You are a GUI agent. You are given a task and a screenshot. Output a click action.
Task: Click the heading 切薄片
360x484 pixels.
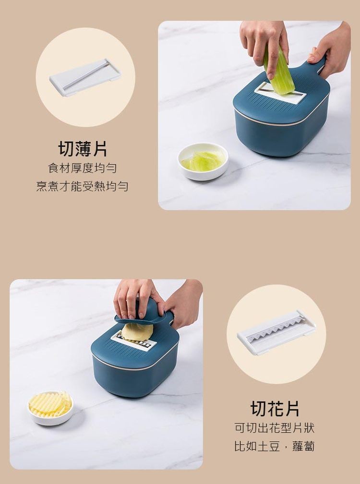click(83, 149)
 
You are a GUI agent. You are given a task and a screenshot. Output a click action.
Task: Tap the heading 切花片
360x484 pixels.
click(275, 409)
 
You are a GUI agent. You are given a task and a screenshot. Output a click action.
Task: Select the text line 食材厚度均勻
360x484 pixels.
click(83, 168)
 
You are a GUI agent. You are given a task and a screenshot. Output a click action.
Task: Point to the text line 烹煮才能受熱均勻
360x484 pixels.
click(82, 186)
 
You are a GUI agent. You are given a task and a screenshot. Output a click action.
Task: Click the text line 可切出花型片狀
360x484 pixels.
click(275, 428)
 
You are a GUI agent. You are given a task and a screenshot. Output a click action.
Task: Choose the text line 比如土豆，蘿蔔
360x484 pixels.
click(275, 446)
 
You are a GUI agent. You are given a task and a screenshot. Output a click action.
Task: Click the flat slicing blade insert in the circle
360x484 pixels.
click(85, 78)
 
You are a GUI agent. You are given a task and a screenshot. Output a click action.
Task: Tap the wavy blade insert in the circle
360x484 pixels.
click(276, 332)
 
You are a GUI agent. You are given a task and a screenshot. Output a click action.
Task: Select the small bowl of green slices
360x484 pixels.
click(203, 161)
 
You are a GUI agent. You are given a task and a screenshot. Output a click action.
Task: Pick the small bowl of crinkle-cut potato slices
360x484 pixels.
click(50, 408)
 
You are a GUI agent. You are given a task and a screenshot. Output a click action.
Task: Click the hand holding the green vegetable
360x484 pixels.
click(264, 47)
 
